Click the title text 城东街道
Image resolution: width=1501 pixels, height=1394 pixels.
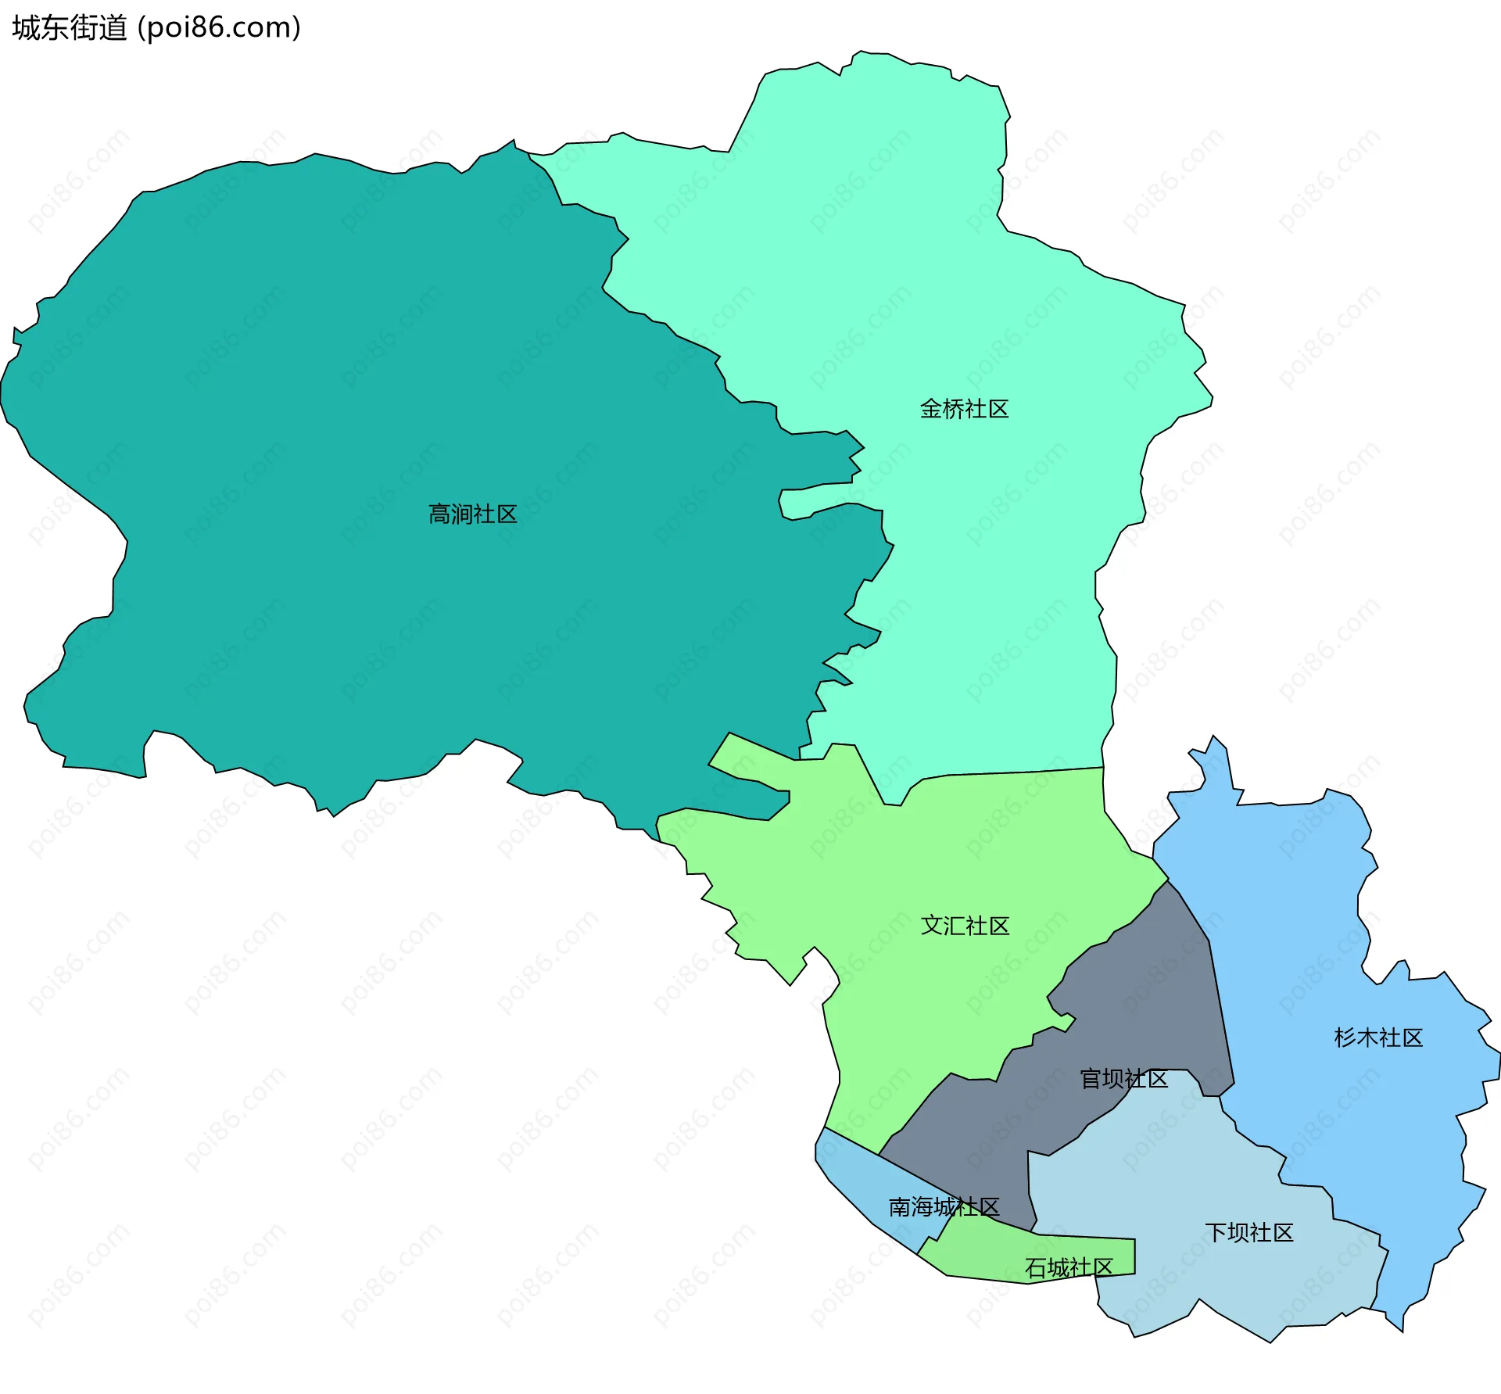(70, 28)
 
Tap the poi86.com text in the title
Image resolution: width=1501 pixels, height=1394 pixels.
(219, 28)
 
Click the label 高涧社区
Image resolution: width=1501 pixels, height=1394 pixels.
(472, 514)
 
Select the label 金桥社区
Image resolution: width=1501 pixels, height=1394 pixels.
(963, 408)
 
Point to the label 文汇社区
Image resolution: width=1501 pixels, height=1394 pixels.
(965, 925)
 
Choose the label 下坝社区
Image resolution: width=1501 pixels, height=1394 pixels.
(1248, 1232)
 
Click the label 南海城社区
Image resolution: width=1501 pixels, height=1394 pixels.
(944, 1206)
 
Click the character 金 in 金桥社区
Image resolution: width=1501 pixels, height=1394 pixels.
(930, 408)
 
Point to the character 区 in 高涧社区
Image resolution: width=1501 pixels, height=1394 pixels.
(507, 514)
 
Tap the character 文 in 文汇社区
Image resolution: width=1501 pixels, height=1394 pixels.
(932, 925)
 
